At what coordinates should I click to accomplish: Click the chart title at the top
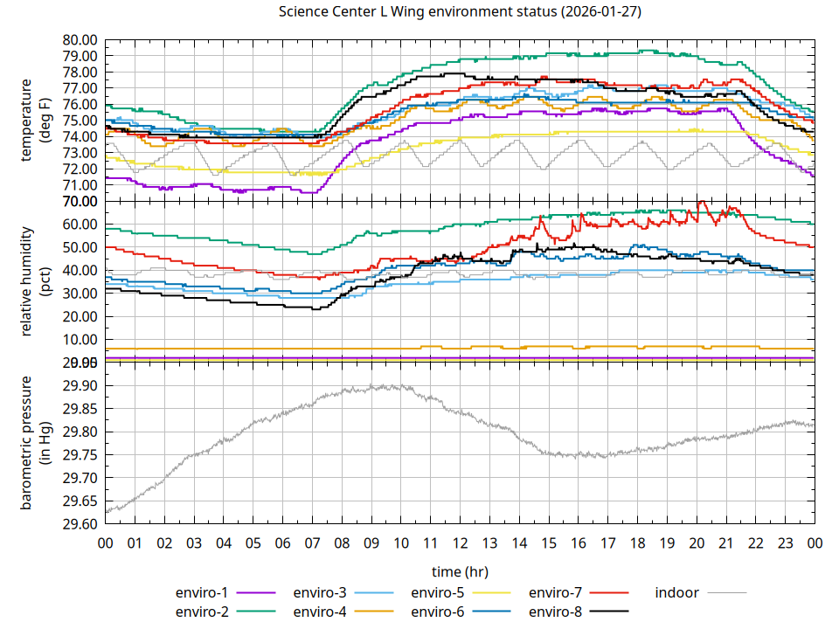coord(460,12)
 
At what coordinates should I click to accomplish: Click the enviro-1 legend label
coord(202,592)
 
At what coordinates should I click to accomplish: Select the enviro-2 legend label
coord(202,612)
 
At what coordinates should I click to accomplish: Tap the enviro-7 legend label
coord(556,592)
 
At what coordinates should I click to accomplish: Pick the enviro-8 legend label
coord(556,612)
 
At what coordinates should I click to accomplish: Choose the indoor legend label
coord(676,592)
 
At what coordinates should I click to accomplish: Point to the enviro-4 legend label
coord(320,612)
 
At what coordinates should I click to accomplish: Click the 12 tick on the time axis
coord(460,543)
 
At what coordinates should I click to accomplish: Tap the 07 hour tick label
coord(312,543)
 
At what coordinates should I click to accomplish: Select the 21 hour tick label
coord(725,543)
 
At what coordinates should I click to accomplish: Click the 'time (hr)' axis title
coord(460,571)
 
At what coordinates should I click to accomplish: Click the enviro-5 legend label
coord(438,592)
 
